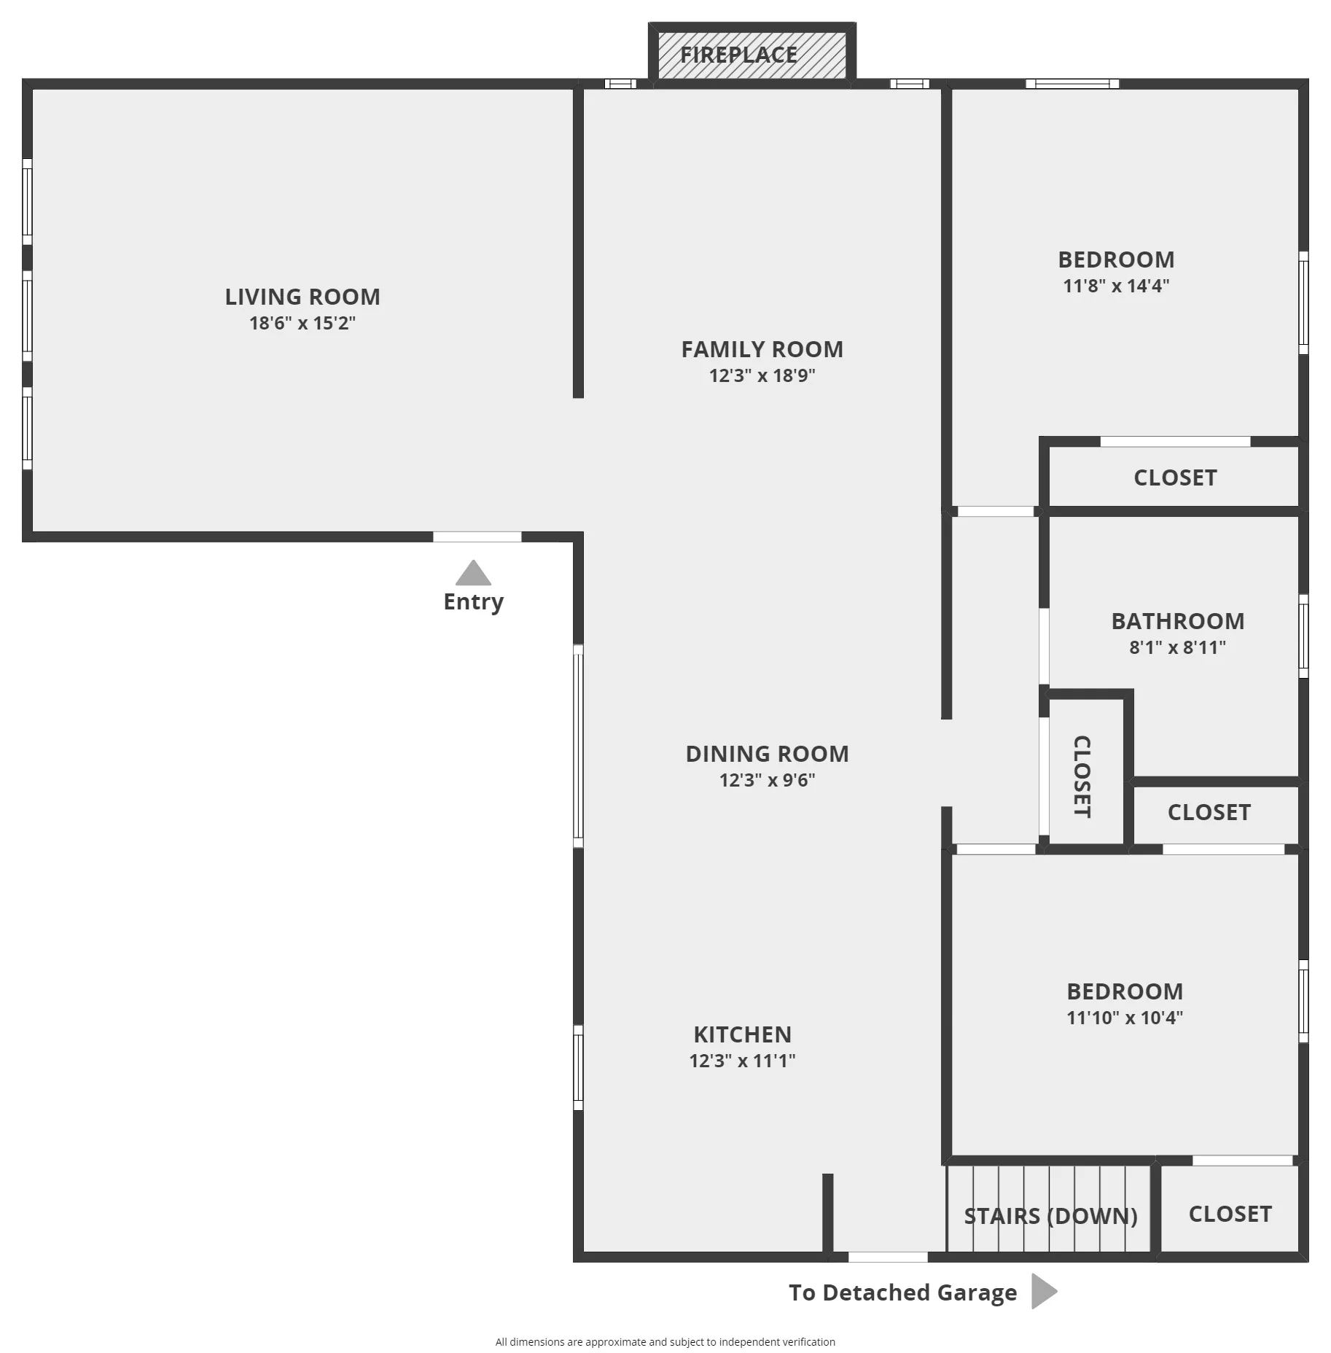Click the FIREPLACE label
(738, 55)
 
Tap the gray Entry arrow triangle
(473, 573)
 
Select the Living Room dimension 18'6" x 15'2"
(302, 323)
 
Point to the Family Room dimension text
(762, 375)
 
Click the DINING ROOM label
(768, 754)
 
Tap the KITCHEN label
(742, 1034)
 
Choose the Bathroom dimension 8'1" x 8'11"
(1178, 647)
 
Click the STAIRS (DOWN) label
(1051, 1216)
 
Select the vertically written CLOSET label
(1082, 776)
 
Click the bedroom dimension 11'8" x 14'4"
(1116, 286)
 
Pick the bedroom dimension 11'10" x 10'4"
(1125, 1018)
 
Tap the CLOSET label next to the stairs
(1230, 1214)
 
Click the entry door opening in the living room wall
(477, 537)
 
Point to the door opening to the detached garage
(888, 1257)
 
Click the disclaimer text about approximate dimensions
(665, 1341)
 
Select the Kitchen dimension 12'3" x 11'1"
(742, 1061)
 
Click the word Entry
(474, 602)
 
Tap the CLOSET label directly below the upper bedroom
(1175, 477)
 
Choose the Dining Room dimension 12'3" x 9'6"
(768, 780)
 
